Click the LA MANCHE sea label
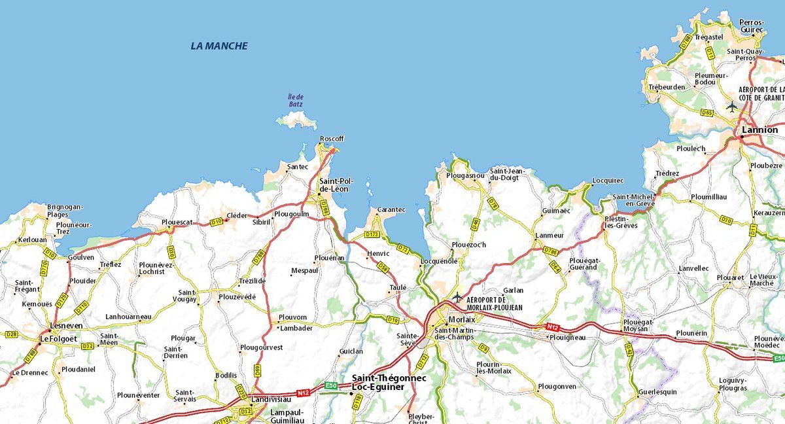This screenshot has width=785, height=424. (x=219, y=46)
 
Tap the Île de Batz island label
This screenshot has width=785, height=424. (x=296, y=100)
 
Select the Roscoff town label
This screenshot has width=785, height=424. (x=332, y=139)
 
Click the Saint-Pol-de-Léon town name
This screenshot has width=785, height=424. (x=334, y=185)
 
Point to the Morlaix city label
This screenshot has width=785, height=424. (x=462, y=319)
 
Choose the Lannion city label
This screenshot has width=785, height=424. (x=760, y=130)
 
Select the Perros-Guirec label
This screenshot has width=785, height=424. (x=751, y=26)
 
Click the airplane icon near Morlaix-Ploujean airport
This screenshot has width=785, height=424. (x=457, y=298)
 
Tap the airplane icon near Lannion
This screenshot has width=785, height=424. (x=732, y=106)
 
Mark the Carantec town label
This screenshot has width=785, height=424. (x=391, y=210)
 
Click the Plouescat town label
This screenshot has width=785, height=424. (x=177, y=222)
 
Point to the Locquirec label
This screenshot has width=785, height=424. (x=608, y=180)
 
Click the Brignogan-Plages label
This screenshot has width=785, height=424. (x=65, y=211)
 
